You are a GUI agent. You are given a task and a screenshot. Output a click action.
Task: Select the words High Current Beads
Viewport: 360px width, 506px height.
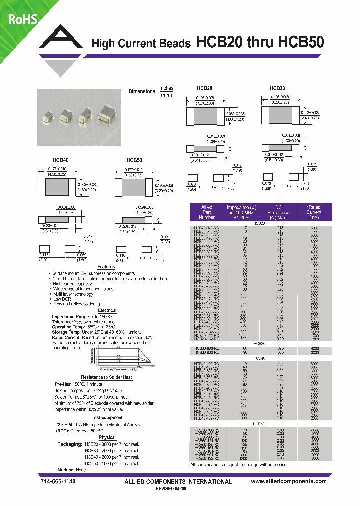[x=141, y=44]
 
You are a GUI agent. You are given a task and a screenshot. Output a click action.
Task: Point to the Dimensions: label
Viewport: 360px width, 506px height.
[x=142, y=92]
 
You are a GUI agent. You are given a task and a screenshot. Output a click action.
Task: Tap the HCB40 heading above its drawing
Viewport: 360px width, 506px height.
[x=60, y=160]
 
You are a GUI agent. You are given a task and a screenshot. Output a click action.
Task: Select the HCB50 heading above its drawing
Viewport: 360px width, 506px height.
[x=134, y=160]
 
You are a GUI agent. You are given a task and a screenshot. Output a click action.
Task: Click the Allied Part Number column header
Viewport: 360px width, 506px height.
[x=206, y=212]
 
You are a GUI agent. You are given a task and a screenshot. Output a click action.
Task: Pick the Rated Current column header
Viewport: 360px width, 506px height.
[x=314, y=212]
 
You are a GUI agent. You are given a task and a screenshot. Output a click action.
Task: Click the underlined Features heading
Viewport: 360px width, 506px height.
[x=106, y=267]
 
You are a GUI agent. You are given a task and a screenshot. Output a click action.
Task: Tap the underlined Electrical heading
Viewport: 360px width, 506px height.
[x=107, y=310]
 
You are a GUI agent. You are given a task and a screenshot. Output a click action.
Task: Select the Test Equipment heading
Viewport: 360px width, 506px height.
[x=107, y=417]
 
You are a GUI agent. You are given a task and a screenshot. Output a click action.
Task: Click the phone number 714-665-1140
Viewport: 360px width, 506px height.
[x=58, y=482]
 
